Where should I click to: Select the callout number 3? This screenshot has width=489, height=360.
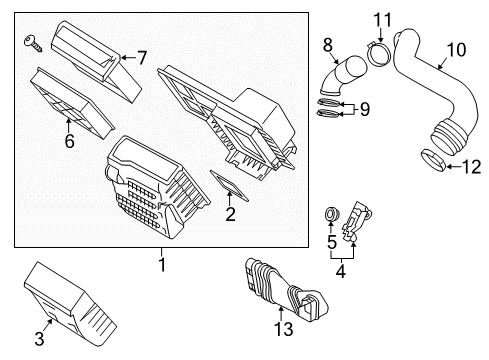[x=39, y=338]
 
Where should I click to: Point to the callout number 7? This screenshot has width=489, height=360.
[x=141, y=58]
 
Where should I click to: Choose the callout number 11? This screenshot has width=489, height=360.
[x=381, y=20]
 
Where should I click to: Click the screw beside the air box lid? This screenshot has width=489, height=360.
[x=31, y=41]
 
